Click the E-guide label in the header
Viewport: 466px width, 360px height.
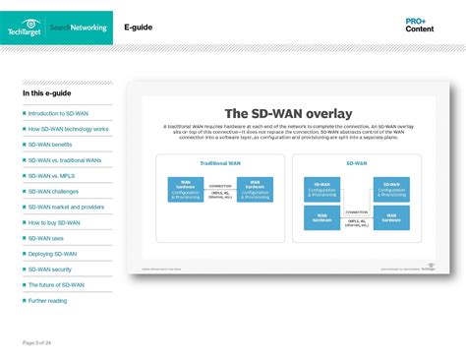(x=138, y=28)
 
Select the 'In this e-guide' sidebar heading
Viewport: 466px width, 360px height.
(x=46, y=93)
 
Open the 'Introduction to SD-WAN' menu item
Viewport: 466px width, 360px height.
(x=59, y=113)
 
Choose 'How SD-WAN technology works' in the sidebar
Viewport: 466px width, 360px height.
(x=68, y=129)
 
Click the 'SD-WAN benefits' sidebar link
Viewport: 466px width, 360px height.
(x=50, y=145)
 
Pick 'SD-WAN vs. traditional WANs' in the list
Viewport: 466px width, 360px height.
(x=65, y=159)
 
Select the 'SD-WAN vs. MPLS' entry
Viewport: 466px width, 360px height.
(x=52, y=175)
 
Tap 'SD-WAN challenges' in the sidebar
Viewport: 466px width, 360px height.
(x=53, y=191)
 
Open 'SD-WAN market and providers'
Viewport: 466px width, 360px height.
(x=66, y=207)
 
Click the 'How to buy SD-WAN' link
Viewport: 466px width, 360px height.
(x=55, y=222)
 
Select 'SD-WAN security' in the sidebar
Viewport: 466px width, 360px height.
(x=50, y=269)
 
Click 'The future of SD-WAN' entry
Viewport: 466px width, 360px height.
(x=56, y=284)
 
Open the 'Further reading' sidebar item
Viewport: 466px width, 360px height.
(x=47, y=300)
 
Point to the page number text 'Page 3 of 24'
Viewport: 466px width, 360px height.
(x=36, y=341)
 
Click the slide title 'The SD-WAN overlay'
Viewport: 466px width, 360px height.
(x=288, y=113)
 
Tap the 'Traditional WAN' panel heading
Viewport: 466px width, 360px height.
(x=220, y=163)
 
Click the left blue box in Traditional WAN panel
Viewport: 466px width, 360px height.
(x=186, y=189)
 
